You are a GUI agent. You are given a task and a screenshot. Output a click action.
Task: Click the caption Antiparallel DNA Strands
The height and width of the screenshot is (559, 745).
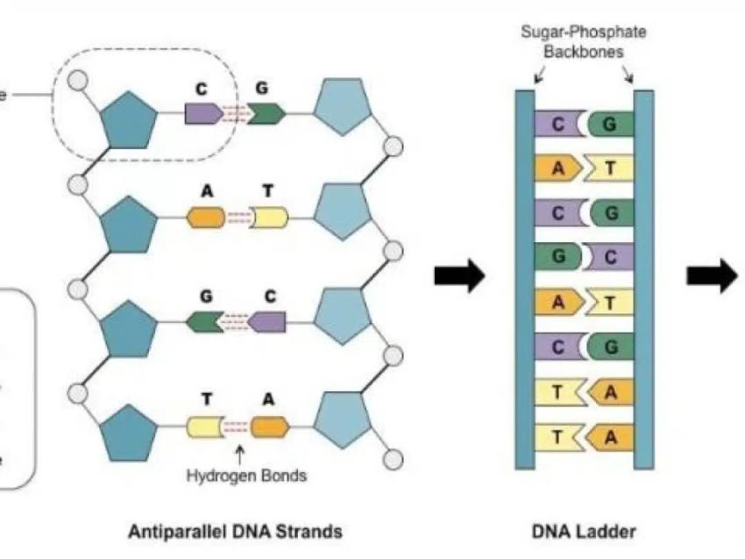235,532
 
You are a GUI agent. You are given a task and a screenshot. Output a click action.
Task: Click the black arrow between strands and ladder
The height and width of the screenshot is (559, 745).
459,276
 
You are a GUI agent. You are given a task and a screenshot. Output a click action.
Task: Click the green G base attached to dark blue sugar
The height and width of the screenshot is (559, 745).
203,322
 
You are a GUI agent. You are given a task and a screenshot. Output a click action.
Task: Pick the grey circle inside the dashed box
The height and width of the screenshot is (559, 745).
79,78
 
